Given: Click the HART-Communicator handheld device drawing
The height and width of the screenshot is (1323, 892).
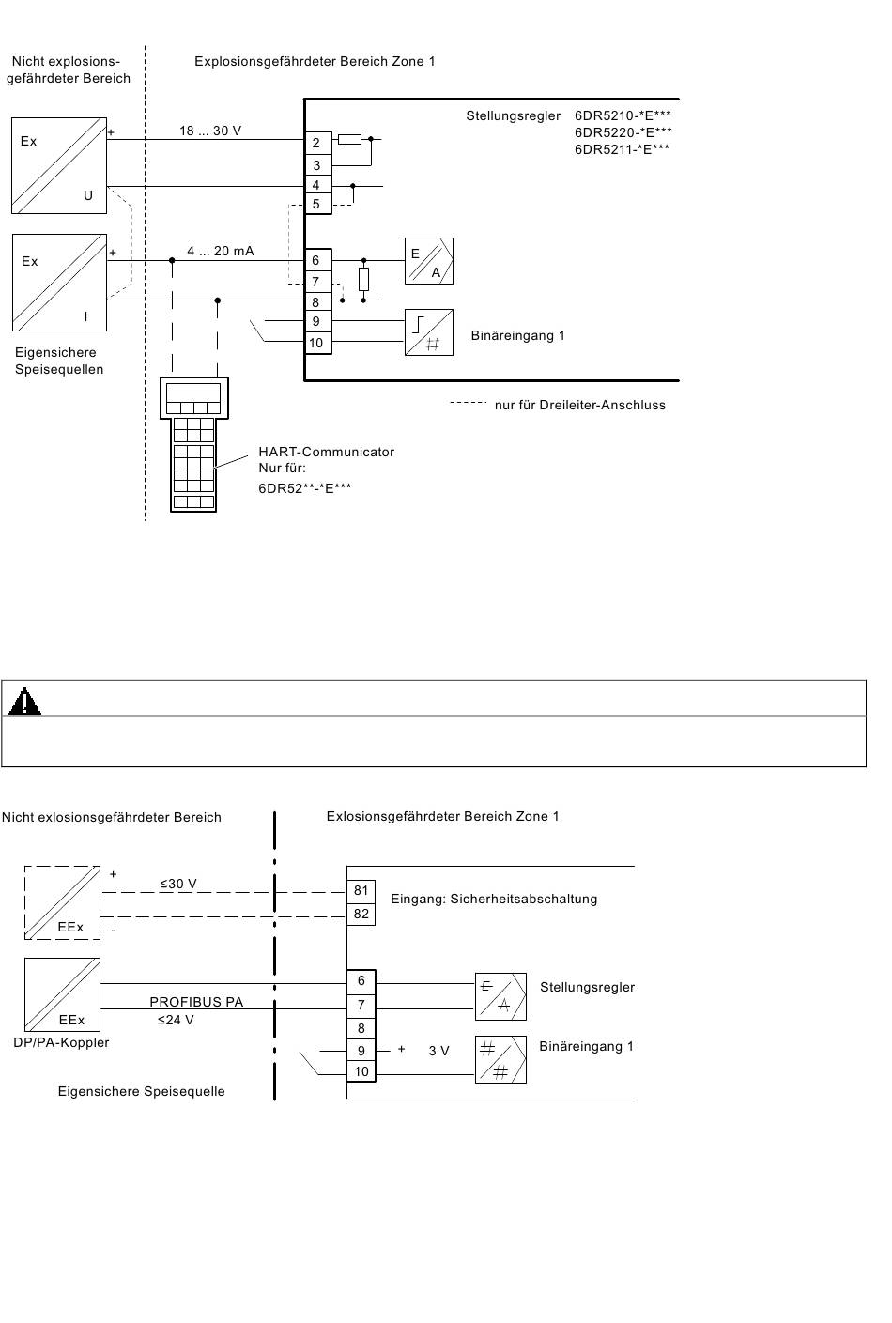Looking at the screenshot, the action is coord(193,444).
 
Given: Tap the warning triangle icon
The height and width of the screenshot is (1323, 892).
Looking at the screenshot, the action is coord(24,701).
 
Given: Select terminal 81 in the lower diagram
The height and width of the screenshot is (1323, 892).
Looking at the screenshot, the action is coord(361,891).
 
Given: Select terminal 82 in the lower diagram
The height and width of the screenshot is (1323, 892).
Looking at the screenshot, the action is coord(361,914).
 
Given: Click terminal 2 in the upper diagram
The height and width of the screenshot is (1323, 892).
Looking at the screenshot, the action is coord(317,143).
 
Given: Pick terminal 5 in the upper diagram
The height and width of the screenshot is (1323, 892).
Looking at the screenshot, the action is coord(317,205).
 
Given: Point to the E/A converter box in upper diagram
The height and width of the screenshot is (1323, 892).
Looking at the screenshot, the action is coord(429,261).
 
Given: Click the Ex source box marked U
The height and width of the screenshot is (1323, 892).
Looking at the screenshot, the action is coord(59,165).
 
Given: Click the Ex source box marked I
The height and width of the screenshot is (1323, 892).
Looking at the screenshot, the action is coord(59,283).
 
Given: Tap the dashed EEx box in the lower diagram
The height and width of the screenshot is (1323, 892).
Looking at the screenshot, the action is coord(62,902).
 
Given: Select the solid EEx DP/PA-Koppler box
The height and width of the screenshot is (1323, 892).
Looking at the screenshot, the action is coord(62,994).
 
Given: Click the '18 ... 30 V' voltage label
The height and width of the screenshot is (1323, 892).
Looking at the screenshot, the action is coord(210,131).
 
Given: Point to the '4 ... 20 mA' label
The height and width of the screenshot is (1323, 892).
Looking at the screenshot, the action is coord(221,251).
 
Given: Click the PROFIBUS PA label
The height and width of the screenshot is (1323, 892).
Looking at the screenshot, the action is coord(196,1002).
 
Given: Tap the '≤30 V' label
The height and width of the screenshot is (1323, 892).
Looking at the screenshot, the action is coord(177,884).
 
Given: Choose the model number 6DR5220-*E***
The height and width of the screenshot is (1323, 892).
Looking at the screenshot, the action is coord(623,132).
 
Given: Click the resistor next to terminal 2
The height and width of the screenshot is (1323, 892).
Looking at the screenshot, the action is coord(349,139).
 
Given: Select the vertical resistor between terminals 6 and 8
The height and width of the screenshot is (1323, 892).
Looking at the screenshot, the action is coord(364,279).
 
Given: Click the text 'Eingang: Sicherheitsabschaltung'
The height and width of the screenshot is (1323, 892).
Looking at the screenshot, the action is coord(494,899).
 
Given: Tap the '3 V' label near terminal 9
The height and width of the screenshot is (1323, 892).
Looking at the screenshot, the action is coord(438,1051).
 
